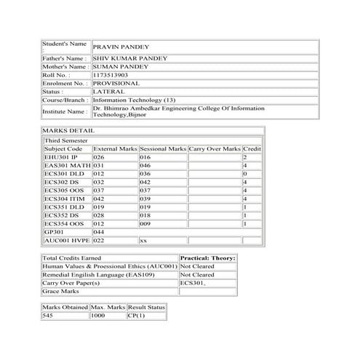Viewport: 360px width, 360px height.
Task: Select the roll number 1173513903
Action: (111, 74)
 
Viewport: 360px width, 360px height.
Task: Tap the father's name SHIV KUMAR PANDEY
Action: (130, 57)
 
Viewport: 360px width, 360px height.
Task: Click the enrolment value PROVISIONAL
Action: (116, 83)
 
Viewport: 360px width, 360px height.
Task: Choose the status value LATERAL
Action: (108, 92)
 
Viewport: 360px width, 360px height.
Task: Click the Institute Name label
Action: (64, 112)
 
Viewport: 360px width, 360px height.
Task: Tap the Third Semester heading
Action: (66, 140)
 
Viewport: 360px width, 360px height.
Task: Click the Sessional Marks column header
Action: (162, 148)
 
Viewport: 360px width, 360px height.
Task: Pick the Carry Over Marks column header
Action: (214, 148)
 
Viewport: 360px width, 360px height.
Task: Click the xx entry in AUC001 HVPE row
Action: (143, 240)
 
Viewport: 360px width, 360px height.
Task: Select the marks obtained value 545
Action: (49, 316)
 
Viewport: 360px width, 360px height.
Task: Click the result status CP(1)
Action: (136, 316)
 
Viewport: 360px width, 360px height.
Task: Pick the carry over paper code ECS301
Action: (191, 282)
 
